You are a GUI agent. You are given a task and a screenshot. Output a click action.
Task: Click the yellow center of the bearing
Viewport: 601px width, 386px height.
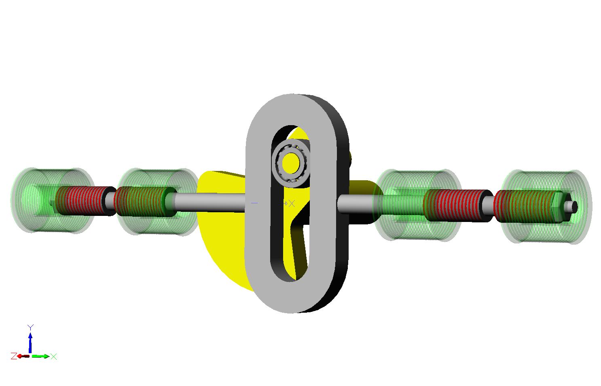pyautogui.click(x=290, y=163)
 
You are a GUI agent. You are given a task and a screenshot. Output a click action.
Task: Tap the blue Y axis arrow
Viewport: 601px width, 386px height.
pyautogui.click(x=30, y=343)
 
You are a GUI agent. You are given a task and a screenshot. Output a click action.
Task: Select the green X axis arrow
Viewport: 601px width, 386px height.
pyautogui.click(x=40, y=356)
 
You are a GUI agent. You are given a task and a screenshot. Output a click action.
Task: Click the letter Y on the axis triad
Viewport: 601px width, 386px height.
pyautogui.click(x=30, y=327)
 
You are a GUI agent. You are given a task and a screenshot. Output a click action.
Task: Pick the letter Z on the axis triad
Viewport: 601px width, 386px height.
pyautogui.click(x=14, y=356)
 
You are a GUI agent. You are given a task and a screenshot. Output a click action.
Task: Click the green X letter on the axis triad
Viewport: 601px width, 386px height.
pyautogui.click(x=54, y=356)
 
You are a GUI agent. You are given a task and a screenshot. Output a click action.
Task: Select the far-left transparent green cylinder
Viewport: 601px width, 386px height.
pyautogui.click(x=52, y=200)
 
